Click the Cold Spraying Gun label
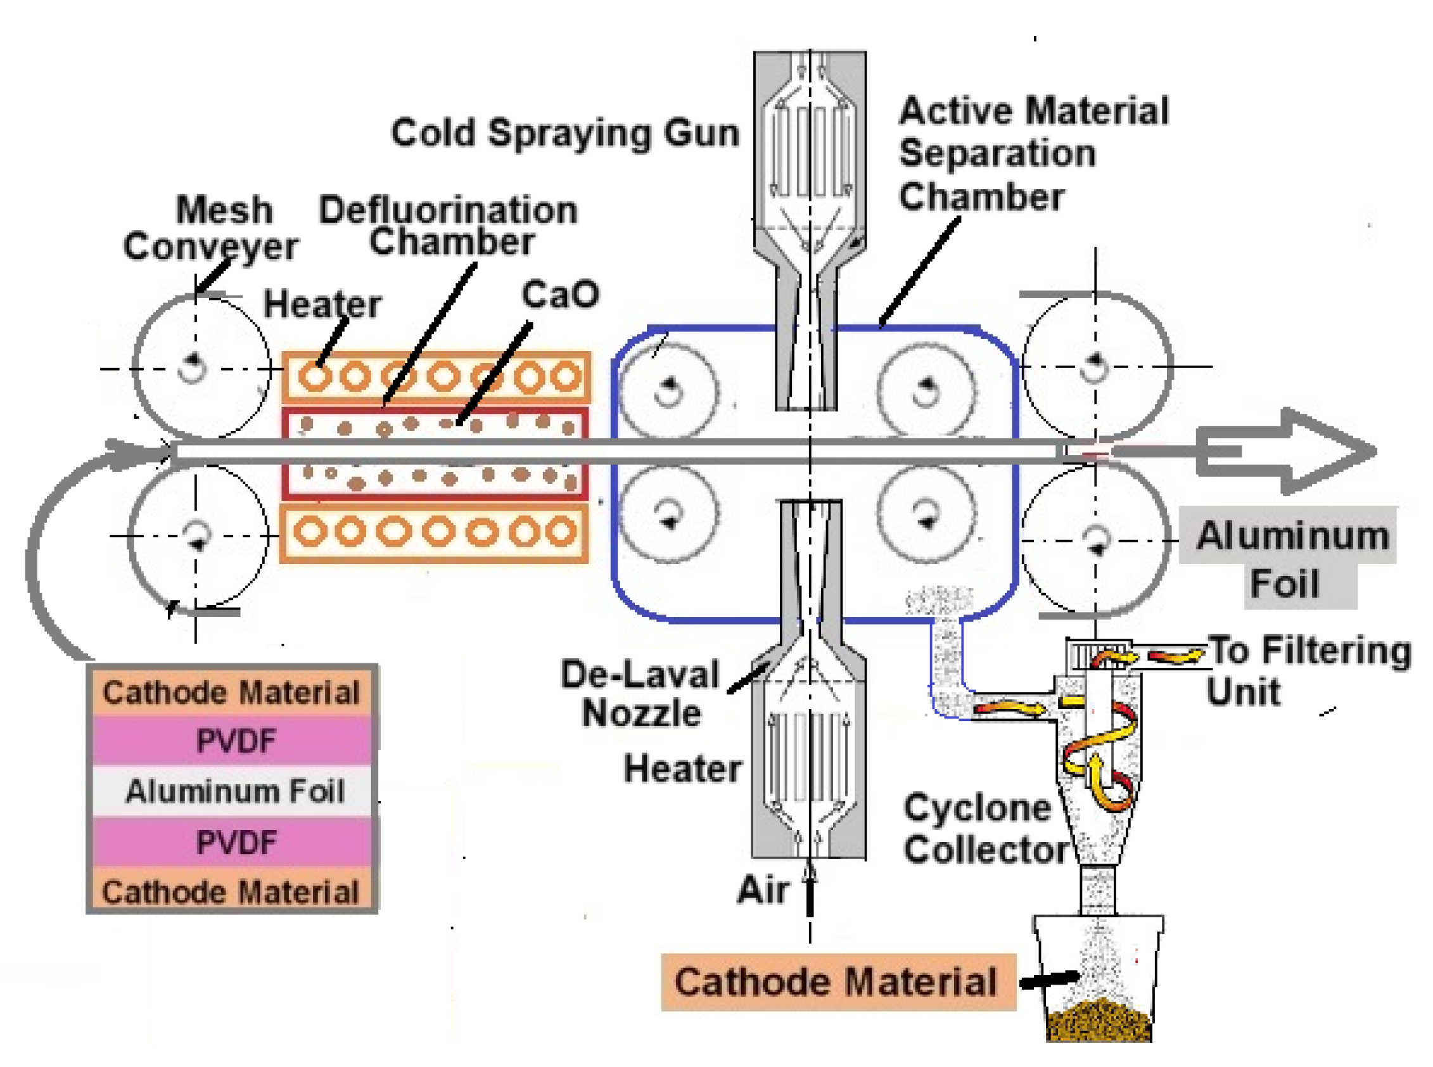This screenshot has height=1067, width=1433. pos(564,133)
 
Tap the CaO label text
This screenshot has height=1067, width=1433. pos(559,295)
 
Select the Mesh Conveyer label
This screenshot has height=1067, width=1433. pos(210,228)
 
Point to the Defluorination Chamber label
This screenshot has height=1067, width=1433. pos(448,226)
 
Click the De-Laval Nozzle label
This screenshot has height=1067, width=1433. pos(640,694)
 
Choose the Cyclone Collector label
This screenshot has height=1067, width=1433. pos(984,829)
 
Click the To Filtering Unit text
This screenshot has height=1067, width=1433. pos(1308,671)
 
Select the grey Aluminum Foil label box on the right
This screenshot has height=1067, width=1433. pos(1289,559)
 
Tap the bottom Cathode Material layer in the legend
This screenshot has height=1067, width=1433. pos(231,892)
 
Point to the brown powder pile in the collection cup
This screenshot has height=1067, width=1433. pos(1098,1021)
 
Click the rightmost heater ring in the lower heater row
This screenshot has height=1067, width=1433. pos(561,532)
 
